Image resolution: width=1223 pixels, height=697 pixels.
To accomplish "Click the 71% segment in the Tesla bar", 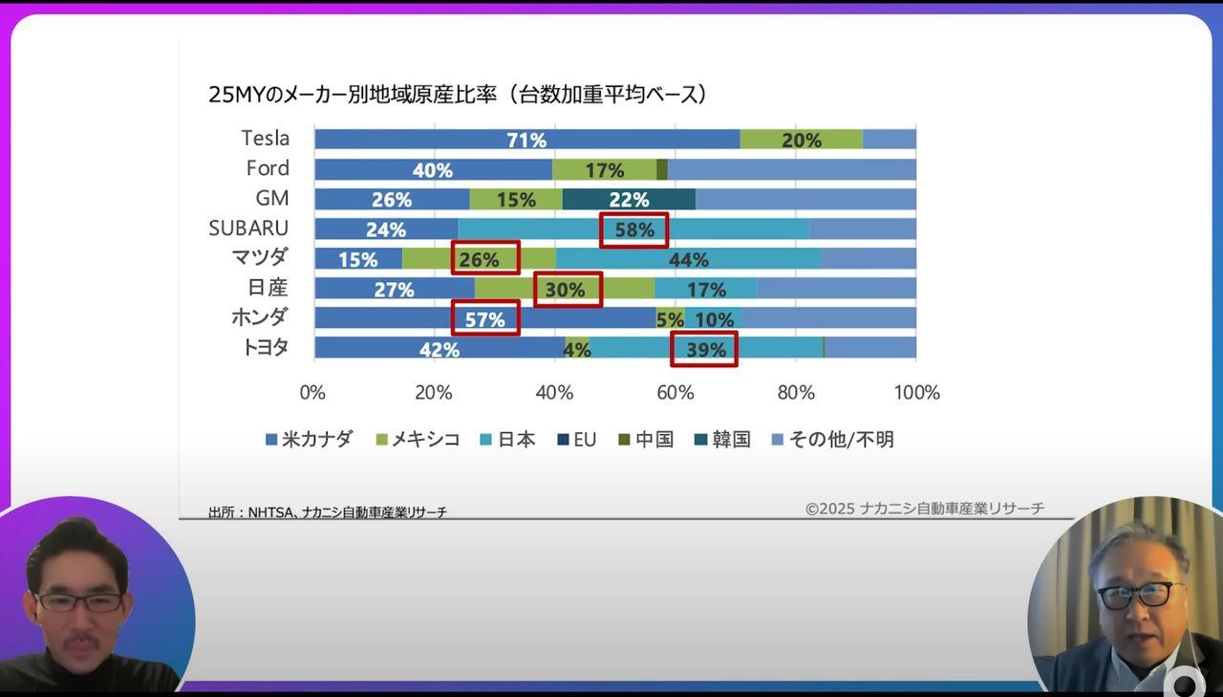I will (526, 140).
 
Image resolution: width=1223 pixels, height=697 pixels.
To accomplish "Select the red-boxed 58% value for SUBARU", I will (633, 229).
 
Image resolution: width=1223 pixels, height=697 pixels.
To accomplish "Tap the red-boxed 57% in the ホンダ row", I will (485, 318).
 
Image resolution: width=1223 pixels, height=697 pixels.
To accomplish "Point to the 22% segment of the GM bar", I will (629, 199).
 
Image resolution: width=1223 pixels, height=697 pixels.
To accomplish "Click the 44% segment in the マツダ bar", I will (688, 259).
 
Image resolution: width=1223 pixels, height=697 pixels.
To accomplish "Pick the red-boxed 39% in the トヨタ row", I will (704, 349).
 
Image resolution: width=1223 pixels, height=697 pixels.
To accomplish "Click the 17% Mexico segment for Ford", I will (604, 170).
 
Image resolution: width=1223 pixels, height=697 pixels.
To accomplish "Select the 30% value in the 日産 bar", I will (568, 289).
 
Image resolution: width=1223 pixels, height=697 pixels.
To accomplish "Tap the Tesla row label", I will (265, 139).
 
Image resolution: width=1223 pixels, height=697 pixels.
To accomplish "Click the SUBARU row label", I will (248, 229).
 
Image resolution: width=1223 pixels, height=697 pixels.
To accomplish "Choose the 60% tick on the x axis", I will (675, 392).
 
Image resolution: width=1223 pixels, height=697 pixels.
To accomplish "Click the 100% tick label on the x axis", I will (915, 392).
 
